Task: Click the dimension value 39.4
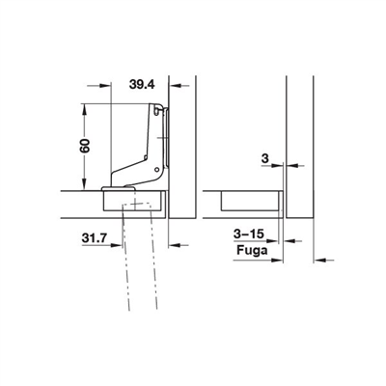(x=142, y=85)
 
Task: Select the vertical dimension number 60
(x=85, y=146)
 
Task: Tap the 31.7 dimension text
(x=95, y=238)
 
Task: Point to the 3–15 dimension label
(x=249, y=234)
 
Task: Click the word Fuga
(x=252, y=250)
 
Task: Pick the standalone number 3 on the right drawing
(x=265, y=158)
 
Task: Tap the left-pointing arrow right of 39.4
(x=176, y=86)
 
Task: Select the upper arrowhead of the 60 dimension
(x=84, y=109)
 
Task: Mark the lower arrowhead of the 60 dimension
(x=84, y=184)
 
